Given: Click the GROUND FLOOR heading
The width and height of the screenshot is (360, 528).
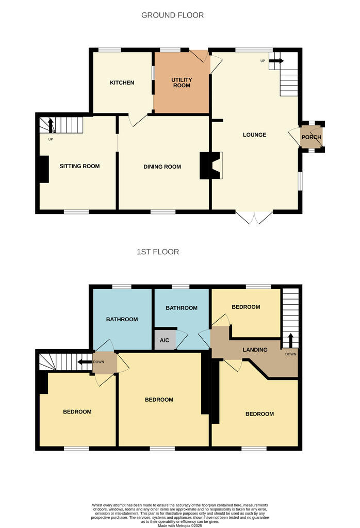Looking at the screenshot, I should [x=172, y=15].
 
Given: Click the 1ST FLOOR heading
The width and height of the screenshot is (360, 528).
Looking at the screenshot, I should [x=158, y=252].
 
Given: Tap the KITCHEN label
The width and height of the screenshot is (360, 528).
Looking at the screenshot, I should [x=122, y=82].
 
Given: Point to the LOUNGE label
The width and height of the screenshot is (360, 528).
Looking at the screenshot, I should [x=255, y=135].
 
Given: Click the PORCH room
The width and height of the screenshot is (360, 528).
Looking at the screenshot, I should [x=312, y=137].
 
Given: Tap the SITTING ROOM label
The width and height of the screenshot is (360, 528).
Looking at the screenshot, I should [x=79, y=166].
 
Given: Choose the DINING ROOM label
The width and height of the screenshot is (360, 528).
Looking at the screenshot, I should [x=162, y=167].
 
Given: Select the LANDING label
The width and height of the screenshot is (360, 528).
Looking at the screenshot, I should [x=255, y=350].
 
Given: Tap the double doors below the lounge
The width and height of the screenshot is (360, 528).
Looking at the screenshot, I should [x=254, y=218].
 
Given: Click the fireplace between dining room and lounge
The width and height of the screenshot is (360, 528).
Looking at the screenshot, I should [x=211, y=165].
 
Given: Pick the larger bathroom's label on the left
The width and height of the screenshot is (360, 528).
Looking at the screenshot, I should [x=122, y=319].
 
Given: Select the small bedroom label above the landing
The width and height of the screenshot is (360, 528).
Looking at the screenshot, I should [x=246, y=307].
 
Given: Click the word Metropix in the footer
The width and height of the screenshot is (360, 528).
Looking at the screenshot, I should [x=176, y=525].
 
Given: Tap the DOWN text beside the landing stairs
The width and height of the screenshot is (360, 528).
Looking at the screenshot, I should [x=290, y=354].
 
